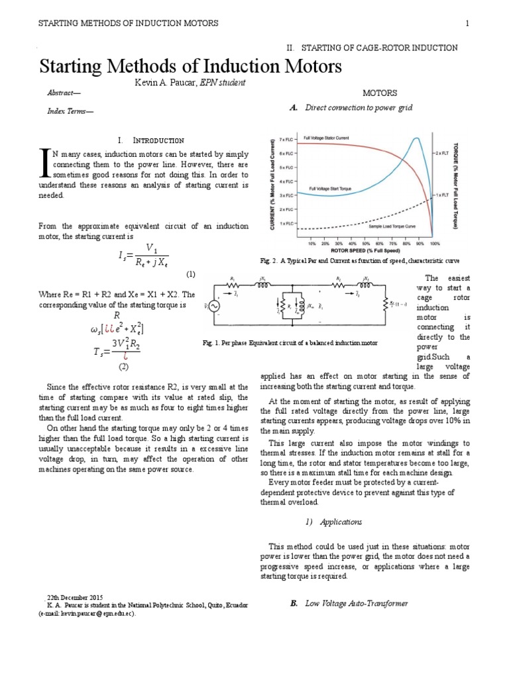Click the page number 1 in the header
[x=467, y=24]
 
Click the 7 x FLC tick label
[x=286, y=140]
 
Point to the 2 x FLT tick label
[x=442, y=152]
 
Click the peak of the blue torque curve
[x=416, y=138]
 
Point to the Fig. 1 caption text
[x=290, y=343]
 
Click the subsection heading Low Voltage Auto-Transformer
[x=357, y=603]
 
